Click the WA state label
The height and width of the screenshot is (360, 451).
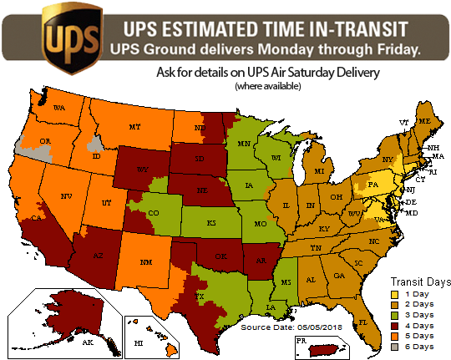(x=58, y=109)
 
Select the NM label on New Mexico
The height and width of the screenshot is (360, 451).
(x=146, y=262)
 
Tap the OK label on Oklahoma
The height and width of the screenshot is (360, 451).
(x=220, y=257)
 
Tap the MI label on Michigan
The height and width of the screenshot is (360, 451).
(x=318, y=171)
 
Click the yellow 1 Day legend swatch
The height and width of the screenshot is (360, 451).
(x=393, y=294)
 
